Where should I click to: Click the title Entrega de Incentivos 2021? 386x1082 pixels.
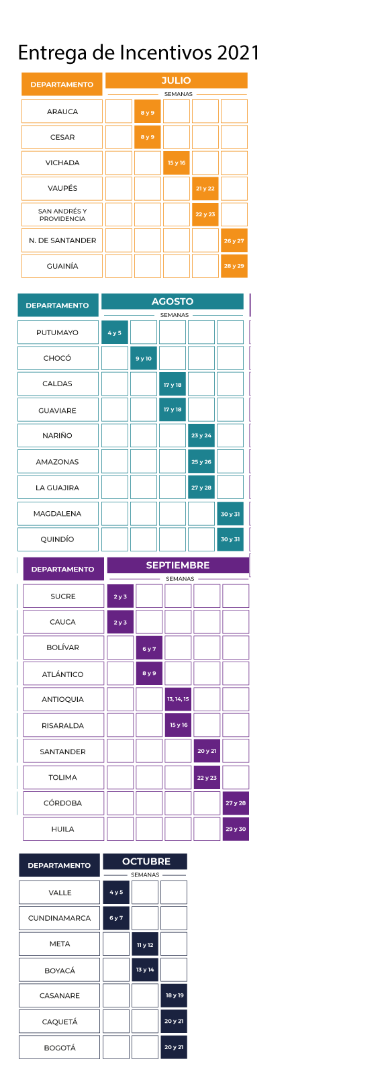pyautogui.click(x=138, y=52)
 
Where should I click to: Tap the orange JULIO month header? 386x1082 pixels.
pyautogui.click(x=176, y=81)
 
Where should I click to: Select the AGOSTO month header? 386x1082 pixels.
pyautogui.click(x=172, y=302)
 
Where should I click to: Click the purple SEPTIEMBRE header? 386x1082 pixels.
pyautogui.click(x=177, y=566)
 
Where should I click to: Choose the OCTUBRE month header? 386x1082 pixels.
pyautogui.click(x=145, y=861)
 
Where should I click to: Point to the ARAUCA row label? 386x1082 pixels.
pyautogui.click(x=62, y=111)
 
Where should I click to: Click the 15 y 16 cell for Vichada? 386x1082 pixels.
pyautogui.click(x=177, y=163)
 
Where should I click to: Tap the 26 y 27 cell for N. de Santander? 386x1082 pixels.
pyautogui.click(x=234, y=240)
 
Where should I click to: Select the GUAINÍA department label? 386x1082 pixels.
pyautogui.click(x=62, y=266)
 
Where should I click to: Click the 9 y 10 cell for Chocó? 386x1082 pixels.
pyautogui.click(x=144, y=358)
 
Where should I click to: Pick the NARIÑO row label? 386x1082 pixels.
pyautogui.click(x=58, y=435)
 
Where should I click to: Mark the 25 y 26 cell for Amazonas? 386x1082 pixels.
pyautogui.click(x=201, y=461)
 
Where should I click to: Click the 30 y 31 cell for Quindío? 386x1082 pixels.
pyautogui.click(x=230, y=539)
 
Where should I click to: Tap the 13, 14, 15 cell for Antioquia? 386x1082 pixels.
pyautogui.click(x=178, y=699)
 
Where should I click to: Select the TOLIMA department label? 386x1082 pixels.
pyautogui.click(x=63, y=777)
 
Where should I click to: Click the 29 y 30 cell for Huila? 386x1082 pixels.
pyautogui.click(x=236, y=829)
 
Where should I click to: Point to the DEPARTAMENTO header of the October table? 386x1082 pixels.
pyautogui.click(x=59, y=865)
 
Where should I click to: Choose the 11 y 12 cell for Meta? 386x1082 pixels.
pyautogui.click(x=145, y=944)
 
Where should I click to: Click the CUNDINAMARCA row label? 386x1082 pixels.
pyautogui.click(x=59, y=918)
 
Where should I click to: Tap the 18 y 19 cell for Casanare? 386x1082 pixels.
pyautogui.click(x=174, y=995)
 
